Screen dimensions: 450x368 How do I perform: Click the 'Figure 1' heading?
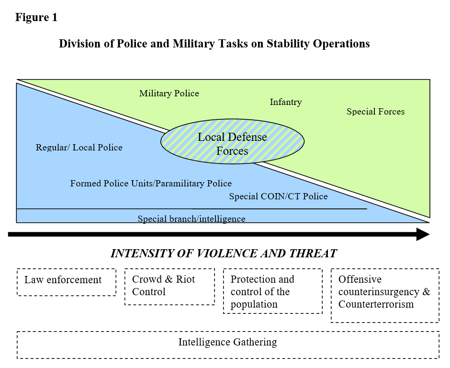[36, 18]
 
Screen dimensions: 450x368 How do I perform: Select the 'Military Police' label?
[169, 93]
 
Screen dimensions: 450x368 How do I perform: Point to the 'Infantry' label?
[286, 102]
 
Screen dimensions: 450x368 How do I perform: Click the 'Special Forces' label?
[376, 112]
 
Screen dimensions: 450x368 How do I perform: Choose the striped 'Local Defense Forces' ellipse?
[232, 142]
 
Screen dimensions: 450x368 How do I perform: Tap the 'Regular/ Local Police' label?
[79, 148]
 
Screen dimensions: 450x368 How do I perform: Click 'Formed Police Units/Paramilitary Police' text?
[151, 184]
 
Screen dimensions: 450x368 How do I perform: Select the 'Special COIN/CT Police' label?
[279, 196]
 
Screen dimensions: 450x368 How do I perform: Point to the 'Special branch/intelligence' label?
[191, 219]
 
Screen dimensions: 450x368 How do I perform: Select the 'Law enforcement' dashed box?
[67, 282]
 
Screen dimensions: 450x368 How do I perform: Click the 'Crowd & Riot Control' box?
[170, 287]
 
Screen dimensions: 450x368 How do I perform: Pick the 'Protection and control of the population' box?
[273, 291]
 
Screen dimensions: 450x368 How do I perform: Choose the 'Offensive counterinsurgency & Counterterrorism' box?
[385, 296]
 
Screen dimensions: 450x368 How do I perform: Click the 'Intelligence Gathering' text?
[227, 342]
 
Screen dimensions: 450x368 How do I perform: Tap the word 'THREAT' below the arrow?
[313, 253]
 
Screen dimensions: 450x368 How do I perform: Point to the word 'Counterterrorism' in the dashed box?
[376, 304]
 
